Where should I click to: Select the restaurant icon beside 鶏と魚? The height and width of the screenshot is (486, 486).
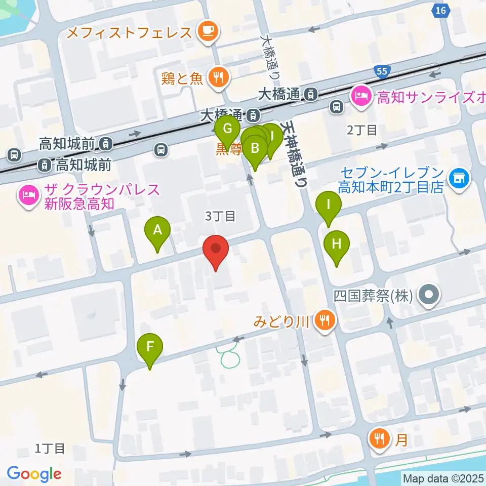[219, 77]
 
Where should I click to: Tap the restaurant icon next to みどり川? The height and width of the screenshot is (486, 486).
[325, 320]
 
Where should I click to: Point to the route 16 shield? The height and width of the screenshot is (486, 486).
[441, 10]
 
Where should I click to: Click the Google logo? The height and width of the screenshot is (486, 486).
[34, 473]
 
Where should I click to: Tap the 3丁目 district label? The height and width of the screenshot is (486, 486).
[221, 216]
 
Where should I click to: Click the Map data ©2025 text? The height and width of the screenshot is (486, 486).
[443, 478]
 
